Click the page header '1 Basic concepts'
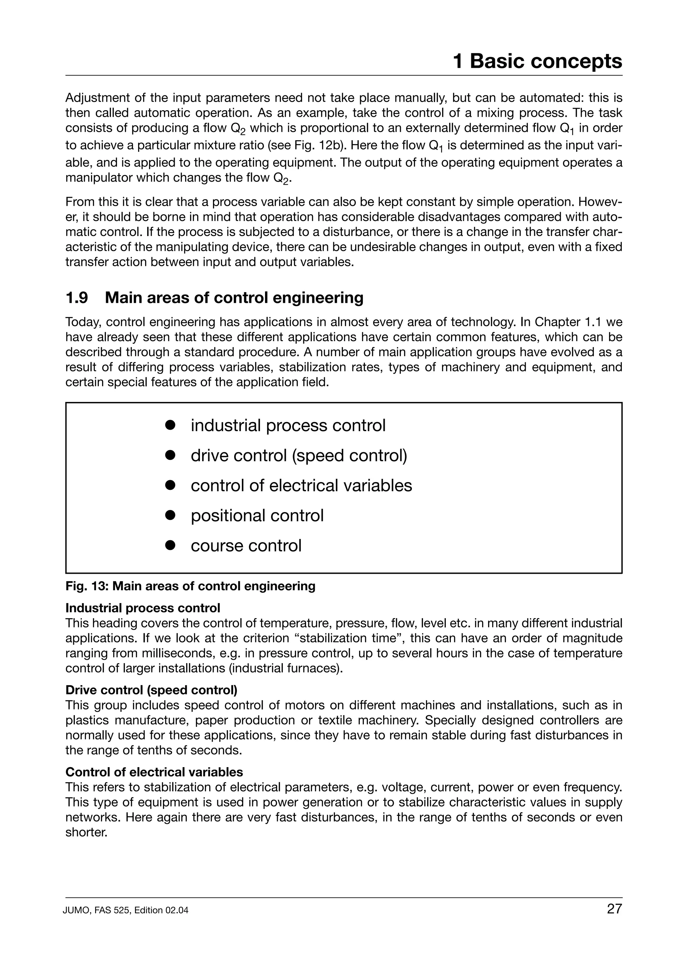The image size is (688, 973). (537, 61)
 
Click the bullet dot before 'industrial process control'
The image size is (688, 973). (170, 425)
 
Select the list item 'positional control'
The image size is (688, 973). (257, 516)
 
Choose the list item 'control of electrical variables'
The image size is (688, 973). (301, 485)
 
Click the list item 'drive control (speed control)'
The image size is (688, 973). (299, 456)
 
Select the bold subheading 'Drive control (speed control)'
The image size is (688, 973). (151, 690)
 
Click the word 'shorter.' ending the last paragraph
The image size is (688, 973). (86, 833)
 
